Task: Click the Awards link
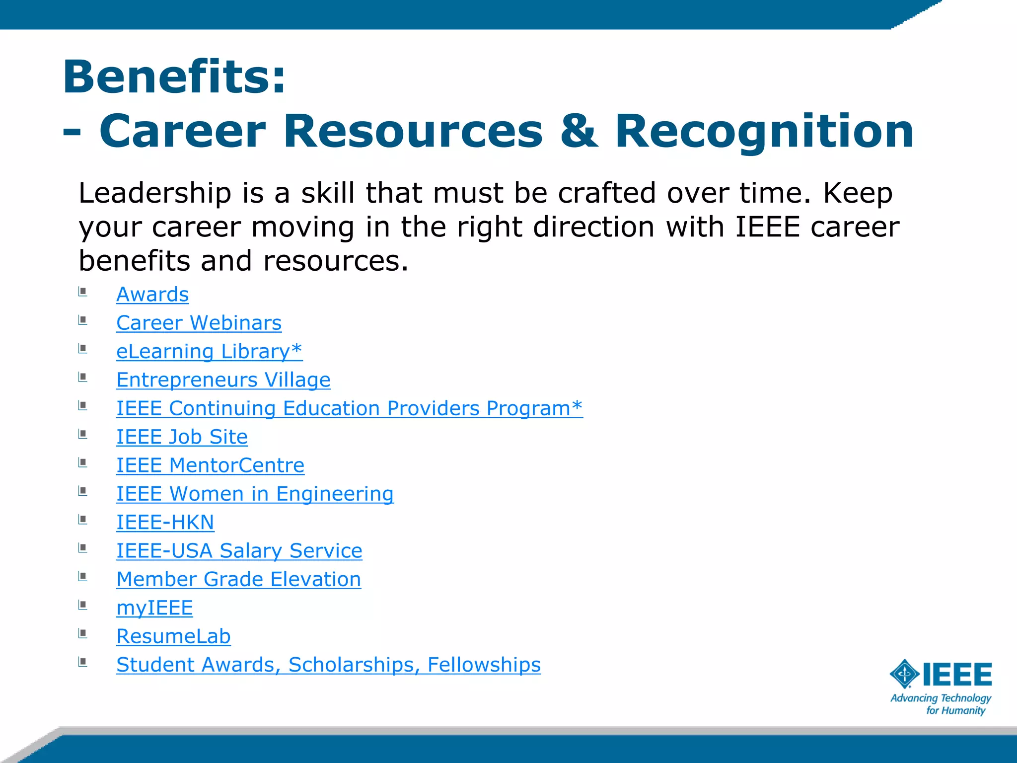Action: click(152, 295)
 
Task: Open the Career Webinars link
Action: click(199, 323)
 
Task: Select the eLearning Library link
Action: click(209, 351)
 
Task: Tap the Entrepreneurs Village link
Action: click(223, 380)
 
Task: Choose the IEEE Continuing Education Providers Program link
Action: click(349, 408)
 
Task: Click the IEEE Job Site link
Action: click(182, 437)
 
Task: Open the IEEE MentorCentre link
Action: click(210, 465)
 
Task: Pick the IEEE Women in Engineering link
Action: click(255, 494)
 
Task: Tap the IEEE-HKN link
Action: click(165, 523)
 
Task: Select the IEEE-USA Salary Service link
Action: click(239, 551)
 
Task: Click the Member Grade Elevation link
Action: click(238, 579)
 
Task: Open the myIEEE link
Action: click(154, 608)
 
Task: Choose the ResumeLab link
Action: click(173, 636)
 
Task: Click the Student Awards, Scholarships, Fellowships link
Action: click(328, 665)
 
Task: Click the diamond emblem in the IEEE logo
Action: click(905, 674)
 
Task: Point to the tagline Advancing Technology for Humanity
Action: click(941, 704)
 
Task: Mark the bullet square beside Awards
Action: click(83, 292)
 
